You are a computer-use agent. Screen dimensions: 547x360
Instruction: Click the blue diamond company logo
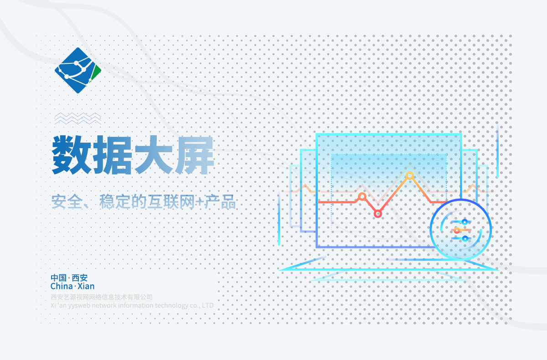(78, 70)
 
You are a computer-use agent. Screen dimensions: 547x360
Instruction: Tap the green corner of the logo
(97, 72)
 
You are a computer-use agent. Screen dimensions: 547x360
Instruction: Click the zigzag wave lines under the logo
(78, 118)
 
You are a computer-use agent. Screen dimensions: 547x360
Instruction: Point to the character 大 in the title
(154, 155)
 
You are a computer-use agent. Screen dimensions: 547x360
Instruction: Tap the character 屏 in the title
(195, 155)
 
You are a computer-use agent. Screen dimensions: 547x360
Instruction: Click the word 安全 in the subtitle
(67, 201)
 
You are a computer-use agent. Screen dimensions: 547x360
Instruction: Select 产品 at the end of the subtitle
(220, 201)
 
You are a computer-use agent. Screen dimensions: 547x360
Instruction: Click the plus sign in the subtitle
(200, 202)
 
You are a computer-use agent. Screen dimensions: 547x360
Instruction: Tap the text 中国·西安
(69, 278)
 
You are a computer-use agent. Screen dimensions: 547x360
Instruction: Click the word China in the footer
(62, 286)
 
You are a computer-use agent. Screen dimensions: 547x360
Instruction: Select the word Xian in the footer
(86, 286)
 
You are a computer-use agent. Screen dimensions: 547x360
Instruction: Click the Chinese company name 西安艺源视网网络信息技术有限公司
(102, 297)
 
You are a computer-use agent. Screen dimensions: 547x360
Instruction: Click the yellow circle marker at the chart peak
(409, 175)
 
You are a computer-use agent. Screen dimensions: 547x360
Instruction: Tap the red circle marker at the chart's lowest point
(378, 214)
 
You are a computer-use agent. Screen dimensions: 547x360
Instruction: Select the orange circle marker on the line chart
(362, 196)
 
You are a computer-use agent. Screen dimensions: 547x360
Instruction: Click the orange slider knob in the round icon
(457, 230)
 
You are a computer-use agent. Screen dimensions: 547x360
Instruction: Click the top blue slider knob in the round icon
(464, 222)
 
